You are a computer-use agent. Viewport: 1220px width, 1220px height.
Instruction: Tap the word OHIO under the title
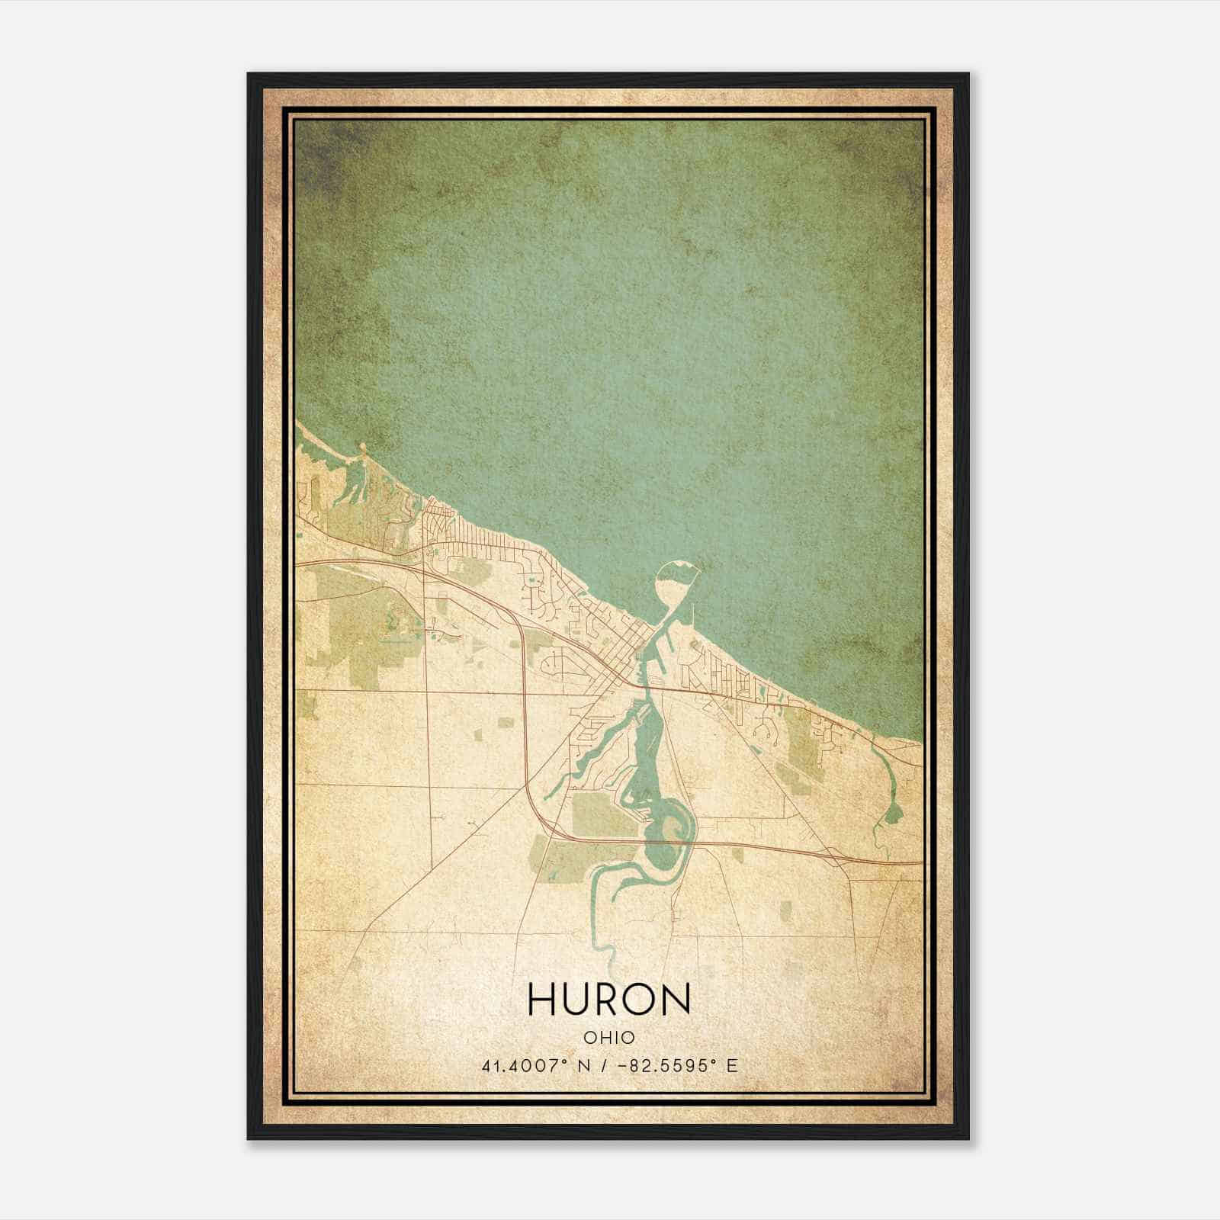pyautogui.click(x=609, y=1037)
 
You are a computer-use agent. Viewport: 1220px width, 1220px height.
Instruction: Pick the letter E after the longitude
pyautogui.click(x=732, y=1066)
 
